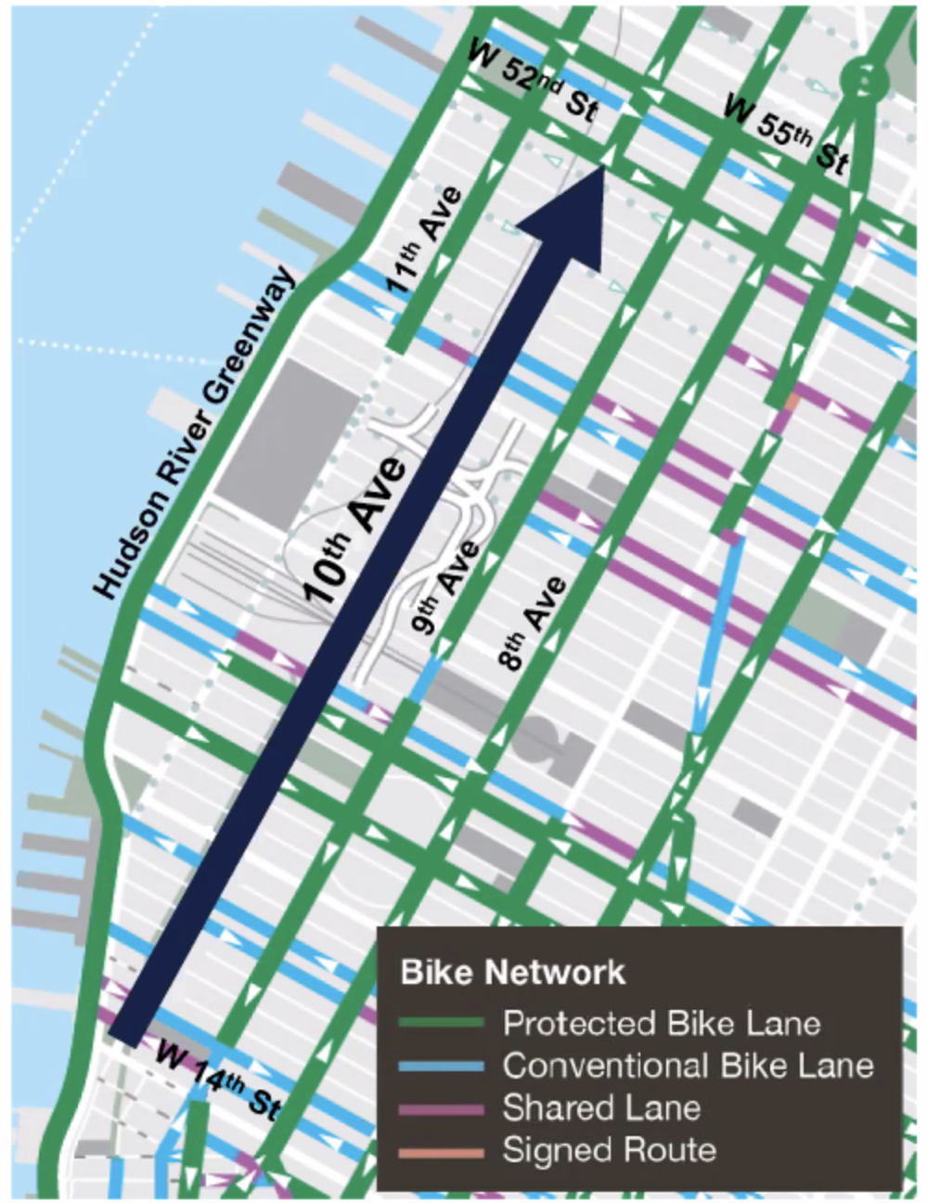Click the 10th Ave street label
[x=356, y=532]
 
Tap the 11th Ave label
[x=423, y=239]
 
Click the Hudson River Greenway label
[x=196, y=434]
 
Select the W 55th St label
[x=785, y=134]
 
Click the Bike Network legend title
[x=512, y=973]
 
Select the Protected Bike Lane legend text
[x=661, y=1024]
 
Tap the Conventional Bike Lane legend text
[x=688, y=1066]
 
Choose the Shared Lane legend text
[x=600, y=1108]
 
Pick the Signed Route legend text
[x=609, y=1151]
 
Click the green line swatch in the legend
[x=441, y=1024]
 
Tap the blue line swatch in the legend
[x=441, y=1067]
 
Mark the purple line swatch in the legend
[x=441, y=1109]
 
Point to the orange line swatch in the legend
[x=441, y=1152]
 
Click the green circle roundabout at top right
[x=862, y=82]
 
